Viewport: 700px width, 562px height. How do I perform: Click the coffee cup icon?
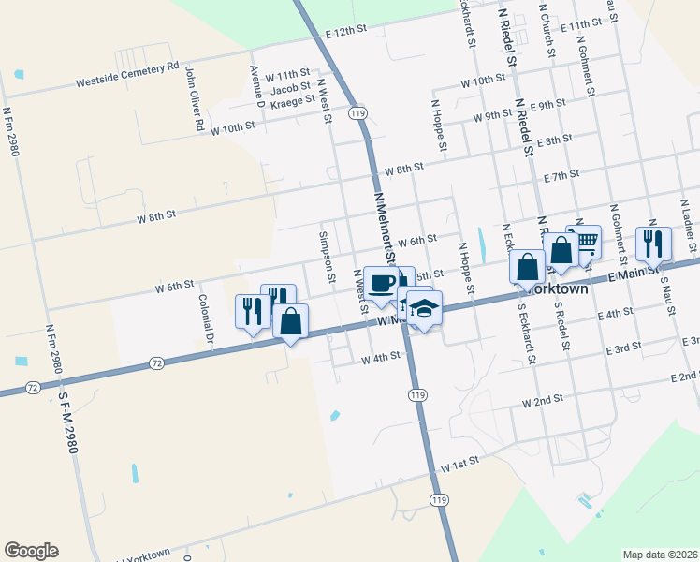point(381,283)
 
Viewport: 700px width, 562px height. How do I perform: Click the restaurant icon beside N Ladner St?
point(653,243)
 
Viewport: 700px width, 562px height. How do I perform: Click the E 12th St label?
point(344,31)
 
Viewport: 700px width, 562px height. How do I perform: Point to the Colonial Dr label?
point(206,318)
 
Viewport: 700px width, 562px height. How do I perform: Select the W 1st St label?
point(459,463)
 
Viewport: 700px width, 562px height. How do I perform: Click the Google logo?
point(31,551)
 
